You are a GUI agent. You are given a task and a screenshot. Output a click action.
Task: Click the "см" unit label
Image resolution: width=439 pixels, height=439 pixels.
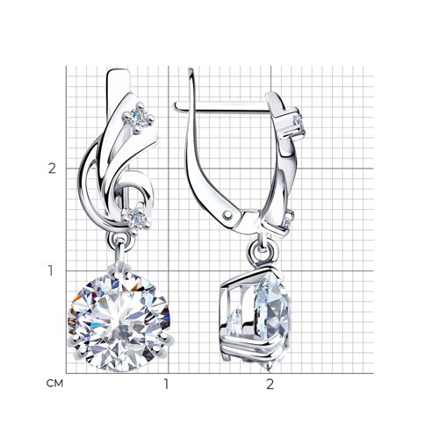pos(54,383)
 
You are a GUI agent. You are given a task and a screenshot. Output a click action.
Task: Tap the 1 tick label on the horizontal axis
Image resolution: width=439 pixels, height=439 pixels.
pos(166,384)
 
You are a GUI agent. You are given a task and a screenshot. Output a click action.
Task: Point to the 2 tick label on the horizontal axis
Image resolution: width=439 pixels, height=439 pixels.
pos(270,384)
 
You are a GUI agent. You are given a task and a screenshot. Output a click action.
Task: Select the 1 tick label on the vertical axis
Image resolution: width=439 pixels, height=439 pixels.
pos(51,270)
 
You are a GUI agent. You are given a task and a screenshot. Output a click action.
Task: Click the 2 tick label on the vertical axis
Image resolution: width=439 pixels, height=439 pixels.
pos(52,169)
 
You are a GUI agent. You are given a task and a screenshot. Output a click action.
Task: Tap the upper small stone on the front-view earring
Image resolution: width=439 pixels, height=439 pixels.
pos(138,118)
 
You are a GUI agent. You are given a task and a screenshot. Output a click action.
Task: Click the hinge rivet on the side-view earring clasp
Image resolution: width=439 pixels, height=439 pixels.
pos(227,215)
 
